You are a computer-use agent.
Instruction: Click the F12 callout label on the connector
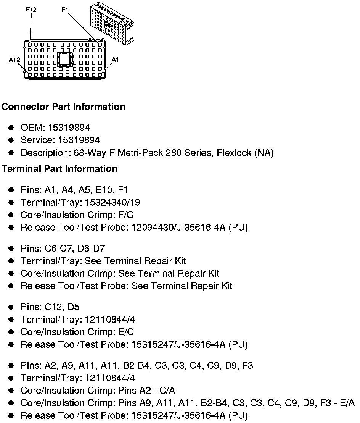(31, 10)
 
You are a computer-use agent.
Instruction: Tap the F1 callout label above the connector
(65, 10)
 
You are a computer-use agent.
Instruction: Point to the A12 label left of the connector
(14, 60)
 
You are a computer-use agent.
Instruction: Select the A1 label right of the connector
(115, 60)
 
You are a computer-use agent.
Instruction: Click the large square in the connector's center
(64, 60)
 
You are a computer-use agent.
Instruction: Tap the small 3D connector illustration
(111, 23)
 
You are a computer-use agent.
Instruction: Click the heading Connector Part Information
(63, 107)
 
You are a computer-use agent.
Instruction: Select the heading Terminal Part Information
(59, 169)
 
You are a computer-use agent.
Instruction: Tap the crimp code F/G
(126, 215)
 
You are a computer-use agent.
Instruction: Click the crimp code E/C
(126, 332)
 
